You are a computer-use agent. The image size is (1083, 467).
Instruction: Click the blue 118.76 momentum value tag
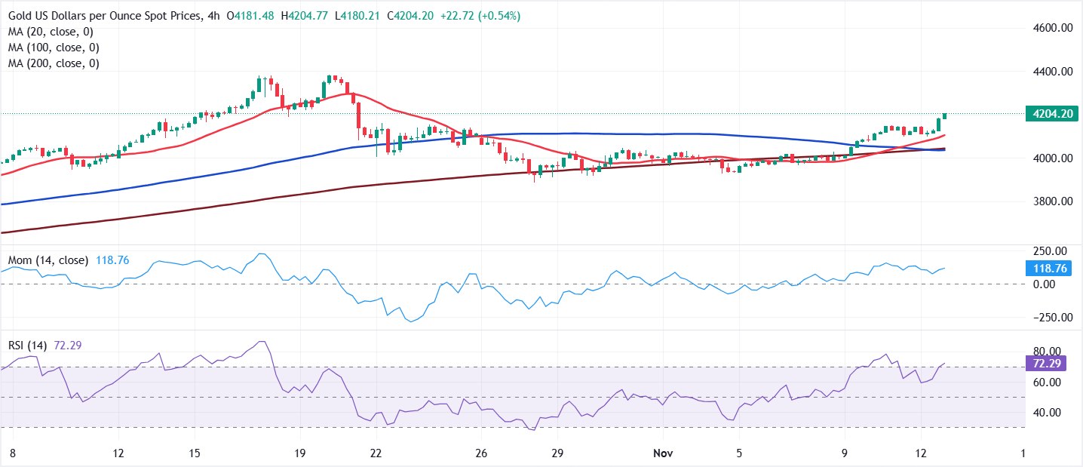coord(1048,268)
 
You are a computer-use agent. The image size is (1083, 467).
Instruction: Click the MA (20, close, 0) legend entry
coord(51,32)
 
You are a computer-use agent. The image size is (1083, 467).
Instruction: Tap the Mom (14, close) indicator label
coord(48,260)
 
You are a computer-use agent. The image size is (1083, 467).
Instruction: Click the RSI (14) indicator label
coord(27,346)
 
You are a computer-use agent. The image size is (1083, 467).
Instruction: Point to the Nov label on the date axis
coord(663,453)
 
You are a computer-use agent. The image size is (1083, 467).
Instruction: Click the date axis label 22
coord(376,453)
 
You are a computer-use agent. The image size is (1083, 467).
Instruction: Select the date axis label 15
coord(195,453)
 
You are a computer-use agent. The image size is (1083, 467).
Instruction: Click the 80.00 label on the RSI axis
coord(1048,352)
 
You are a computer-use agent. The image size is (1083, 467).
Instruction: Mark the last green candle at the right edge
coord(944,115)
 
